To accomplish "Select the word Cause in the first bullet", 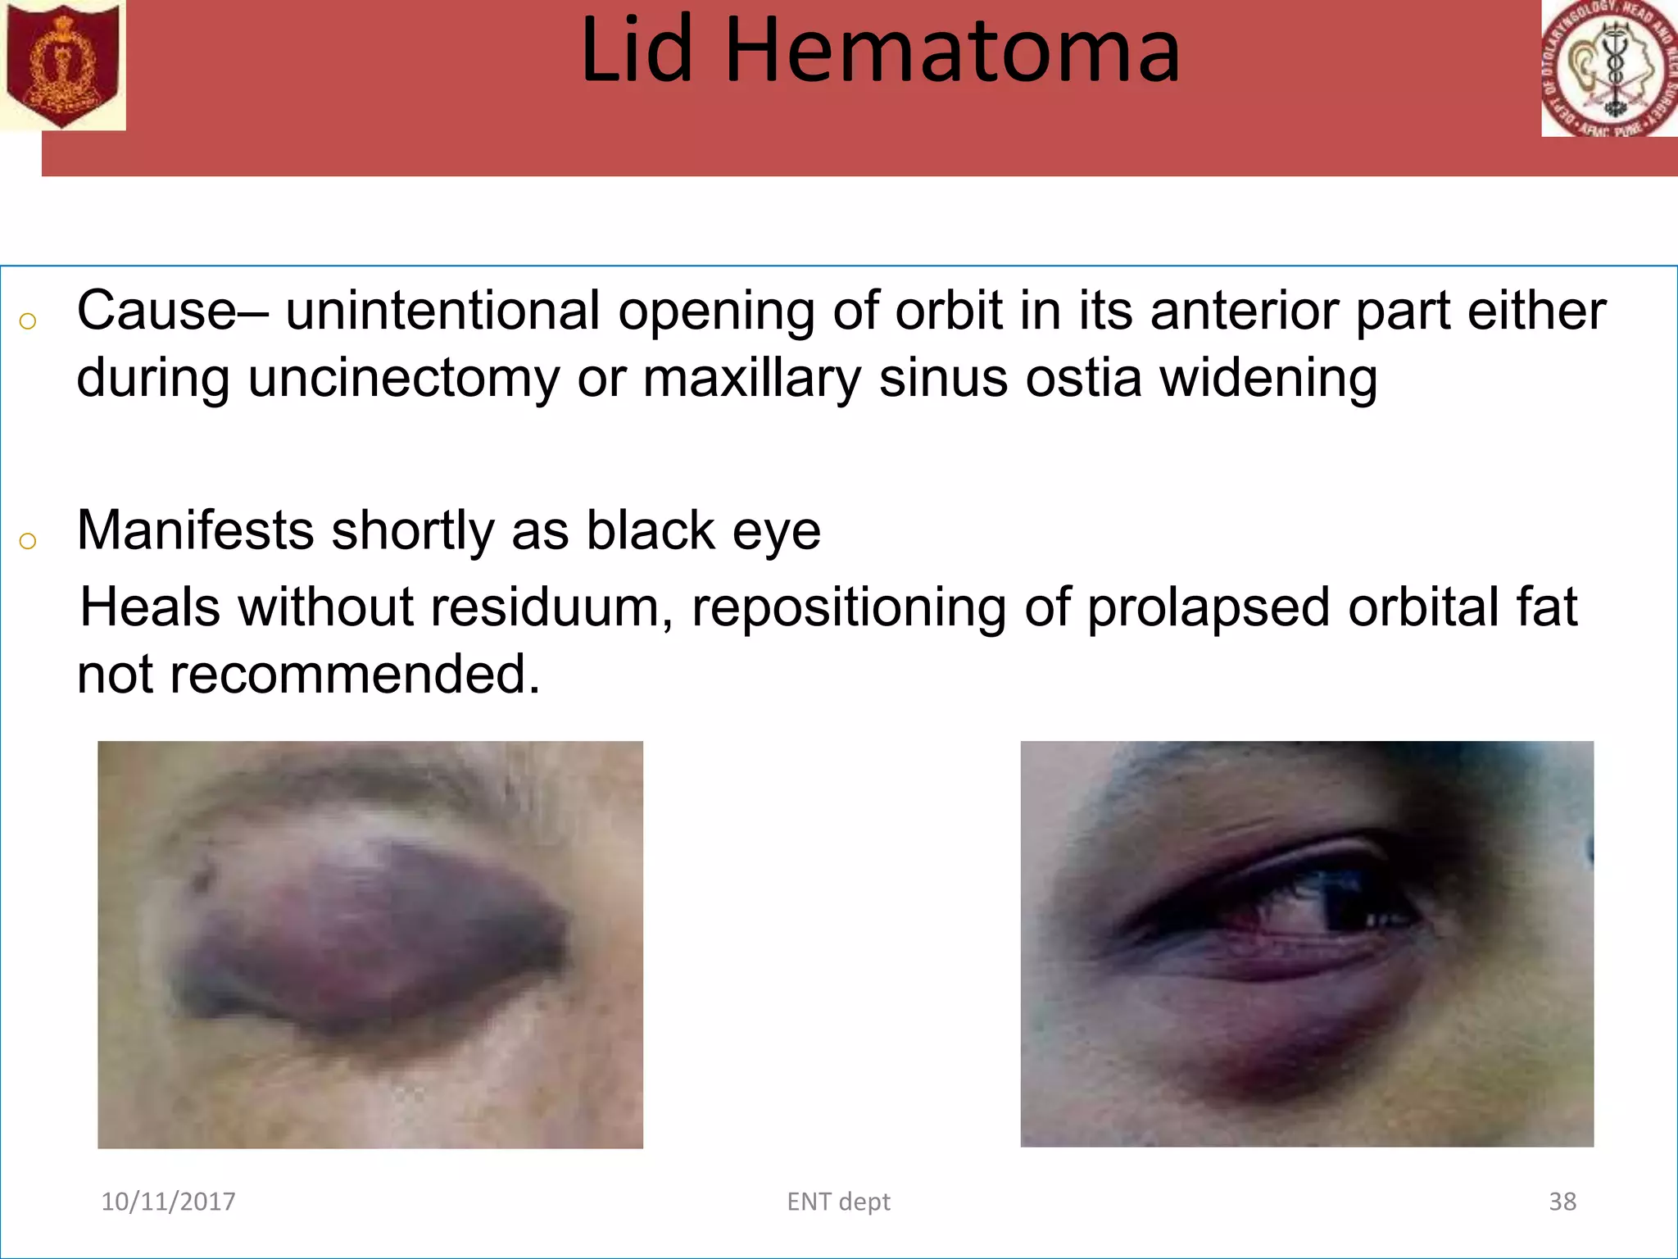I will pos(156,311).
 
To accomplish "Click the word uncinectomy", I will pos(403,379).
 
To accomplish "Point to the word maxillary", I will pos(751,379).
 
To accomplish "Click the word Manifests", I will pos(195,530).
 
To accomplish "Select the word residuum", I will pos(544,607).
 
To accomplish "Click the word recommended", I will pos(354,675).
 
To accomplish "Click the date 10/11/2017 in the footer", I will pos(168,1202).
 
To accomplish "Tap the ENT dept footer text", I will pos(838,1202).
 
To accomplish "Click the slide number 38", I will pos(1562,1202).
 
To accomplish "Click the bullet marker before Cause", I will pos(28,321).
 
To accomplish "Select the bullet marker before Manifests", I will pos(28,541).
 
